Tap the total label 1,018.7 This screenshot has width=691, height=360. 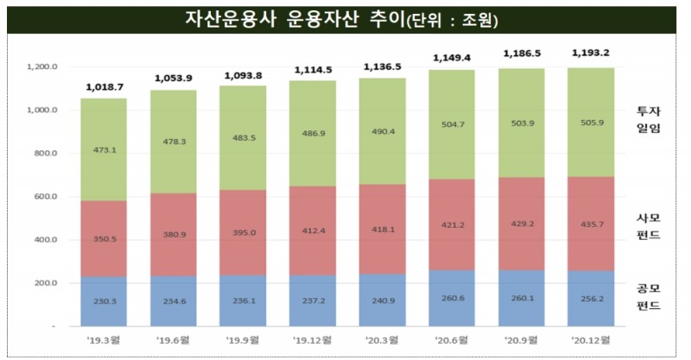click(104, 87)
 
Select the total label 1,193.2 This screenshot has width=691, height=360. click(590, 53)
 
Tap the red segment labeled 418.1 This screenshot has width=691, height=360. click(383, 230)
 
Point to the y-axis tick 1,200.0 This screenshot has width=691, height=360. click(42, 67)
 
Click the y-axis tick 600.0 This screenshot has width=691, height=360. click(44, 197)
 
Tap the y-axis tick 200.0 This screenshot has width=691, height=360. click(44, 283)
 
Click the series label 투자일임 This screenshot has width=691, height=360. click(648, 118)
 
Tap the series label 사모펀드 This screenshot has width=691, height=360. click(648, 226)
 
